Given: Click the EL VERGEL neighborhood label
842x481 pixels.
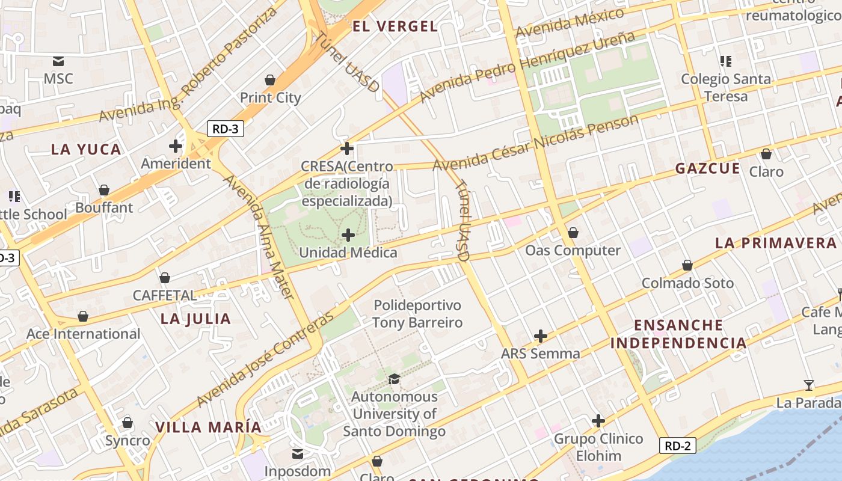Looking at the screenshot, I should click(395, 26).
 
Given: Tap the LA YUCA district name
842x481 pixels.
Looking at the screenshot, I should click(86, 150).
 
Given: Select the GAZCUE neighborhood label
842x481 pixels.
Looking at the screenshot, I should click(708, 168).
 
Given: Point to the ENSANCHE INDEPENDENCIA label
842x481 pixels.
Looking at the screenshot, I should click(678, 334).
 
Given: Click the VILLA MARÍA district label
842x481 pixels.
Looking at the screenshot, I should click(209, 427).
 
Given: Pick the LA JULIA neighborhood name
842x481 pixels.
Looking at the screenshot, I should click(195, 319).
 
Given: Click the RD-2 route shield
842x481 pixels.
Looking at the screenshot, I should click(678, 446).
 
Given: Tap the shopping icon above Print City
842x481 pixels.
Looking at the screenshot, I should click(270, 80).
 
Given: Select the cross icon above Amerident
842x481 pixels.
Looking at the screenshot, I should click(176, 146).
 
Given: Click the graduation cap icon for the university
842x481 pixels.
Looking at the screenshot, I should click(394, 379).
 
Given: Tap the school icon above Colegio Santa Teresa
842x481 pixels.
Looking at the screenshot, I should click(725, 61).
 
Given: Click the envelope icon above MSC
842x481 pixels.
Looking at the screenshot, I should click(58, 61).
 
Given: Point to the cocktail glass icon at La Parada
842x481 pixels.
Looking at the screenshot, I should click(809, 385).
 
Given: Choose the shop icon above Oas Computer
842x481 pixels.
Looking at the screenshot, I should click(573, 233).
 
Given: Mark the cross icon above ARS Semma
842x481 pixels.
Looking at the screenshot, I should click(541, 335).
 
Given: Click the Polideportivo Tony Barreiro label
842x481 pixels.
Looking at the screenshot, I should click(417, 314).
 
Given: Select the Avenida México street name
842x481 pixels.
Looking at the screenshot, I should click(570, 23).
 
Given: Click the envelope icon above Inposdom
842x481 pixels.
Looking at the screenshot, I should click(298, 453).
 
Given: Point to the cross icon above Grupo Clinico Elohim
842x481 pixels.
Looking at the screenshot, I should click(598, 421).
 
